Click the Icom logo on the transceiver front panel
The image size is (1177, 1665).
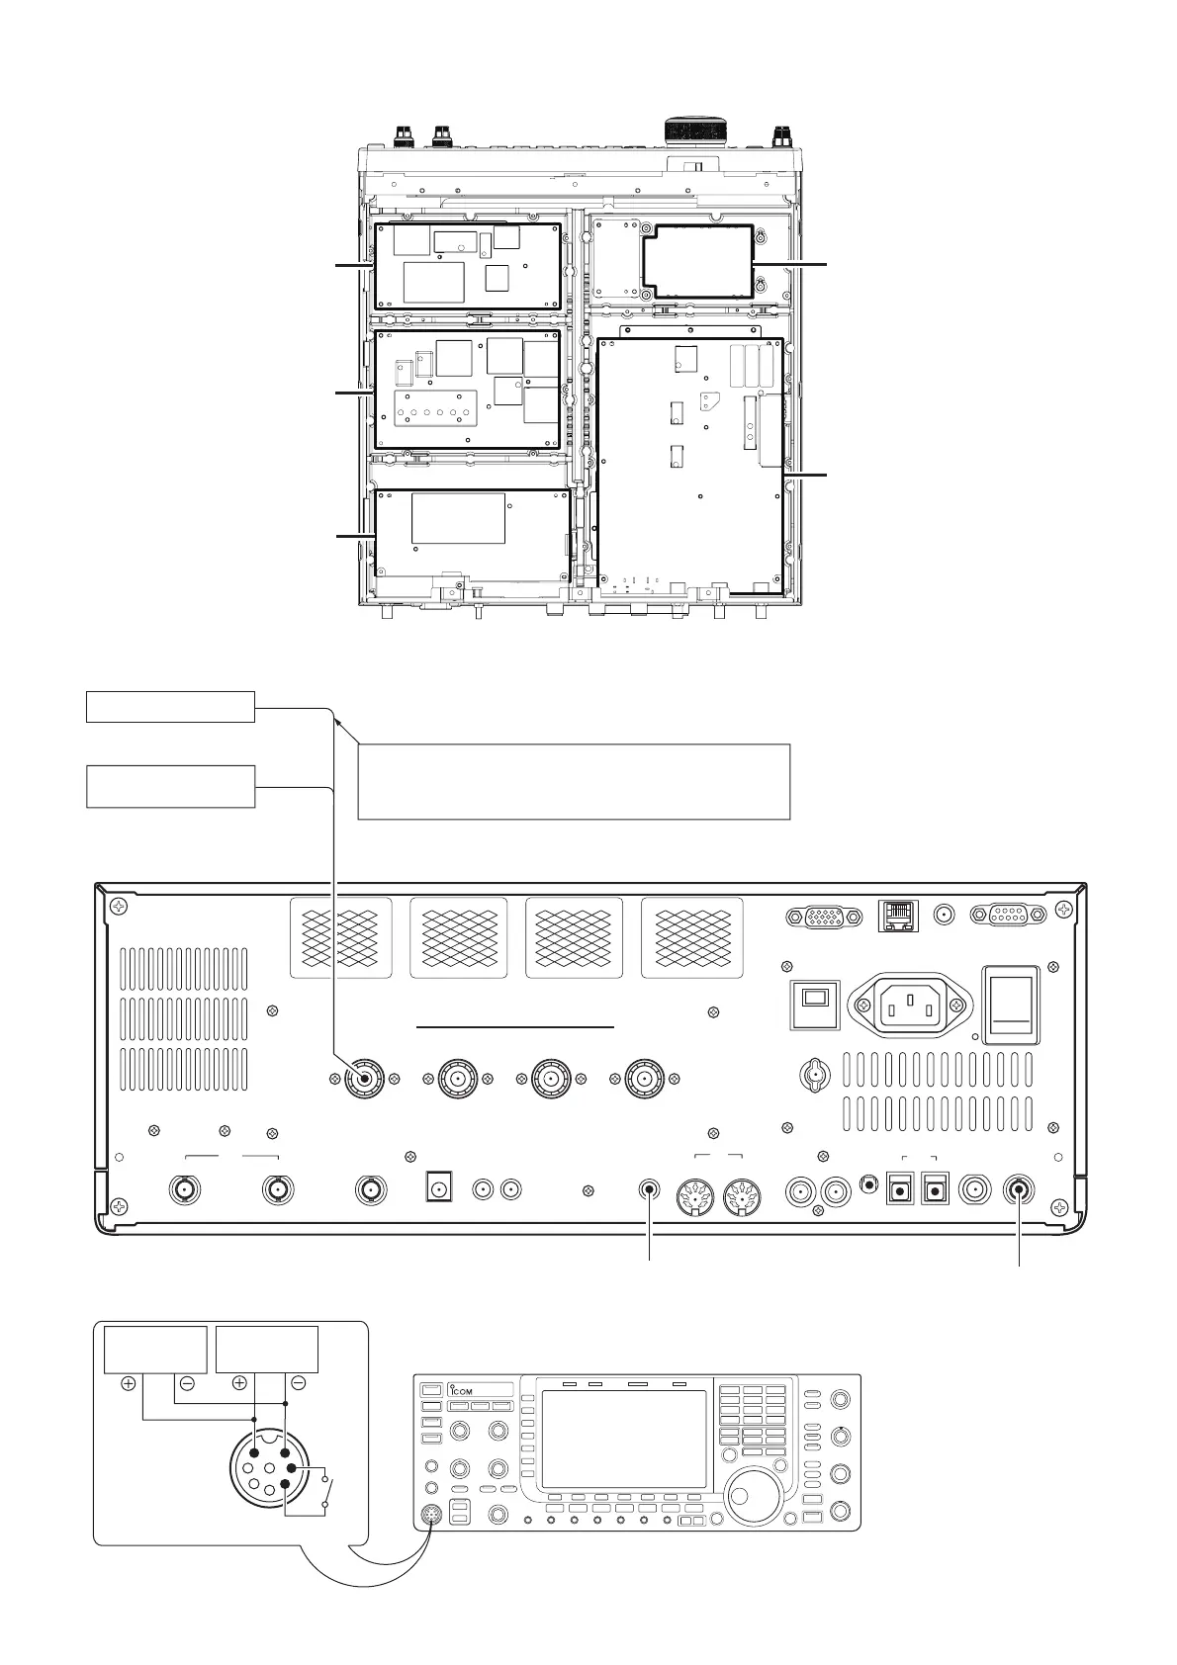(x=461, y=1390)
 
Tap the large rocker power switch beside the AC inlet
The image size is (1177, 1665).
(x=1011, y=1005)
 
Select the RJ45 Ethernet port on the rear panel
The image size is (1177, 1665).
(x=898, y=915)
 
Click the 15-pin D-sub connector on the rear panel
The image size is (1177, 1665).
(x=824, y=917)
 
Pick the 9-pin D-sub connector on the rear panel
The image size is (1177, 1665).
(x=1009, y=914)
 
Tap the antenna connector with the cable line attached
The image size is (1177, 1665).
(x=365, y=1080)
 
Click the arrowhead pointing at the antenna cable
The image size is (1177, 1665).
(x=338, y=722)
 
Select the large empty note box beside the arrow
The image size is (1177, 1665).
(x=574, y=781)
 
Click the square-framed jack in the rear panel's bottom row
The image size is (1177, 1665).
(x=438, y=1187)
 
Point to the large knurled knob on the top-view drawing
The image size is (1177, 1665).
(x=696, y=131)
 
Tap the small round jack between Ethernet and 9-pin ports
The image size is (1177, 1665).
(x=945, y=915)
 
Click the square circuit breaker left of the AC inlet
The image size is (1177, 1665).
(x=815, y=1005)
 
